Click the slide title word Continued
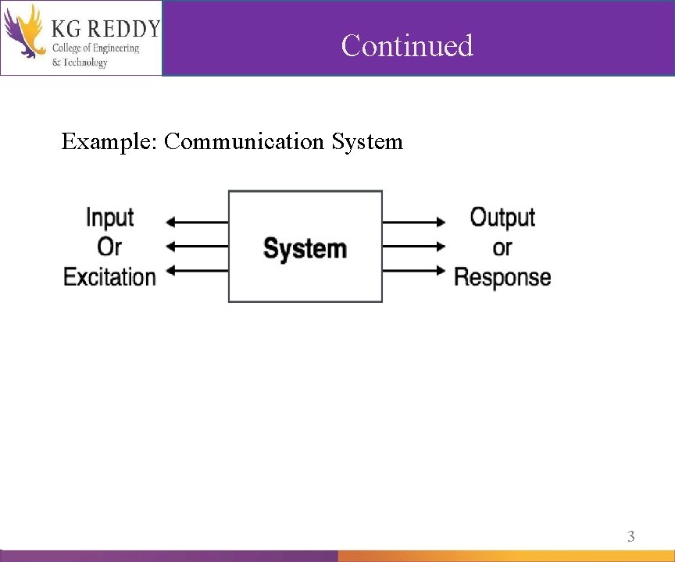coord(407,45)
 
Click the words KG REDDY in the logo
coord(105,29)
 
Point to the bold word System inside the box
coord(305,248)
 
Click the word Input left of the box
coord(109,217)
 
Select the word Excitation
coord(109,276)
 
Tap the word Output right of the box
coord(502,217)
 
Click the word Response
coord(502,277)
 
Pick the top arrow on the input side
coord(198,222)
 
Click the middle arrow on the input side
coord(198,246)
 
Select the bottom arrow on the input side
coord(198,271)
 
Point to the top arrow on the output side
coord(414,222)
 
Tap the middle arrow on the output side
coord(414,246)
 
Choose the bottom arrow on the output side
coord(414,271)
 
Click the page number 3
coord(631,536)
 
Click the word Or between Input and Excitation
coord(109,247)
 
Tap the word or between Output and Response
coord(502,248)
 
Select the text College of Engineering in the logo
coord(95,48)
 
